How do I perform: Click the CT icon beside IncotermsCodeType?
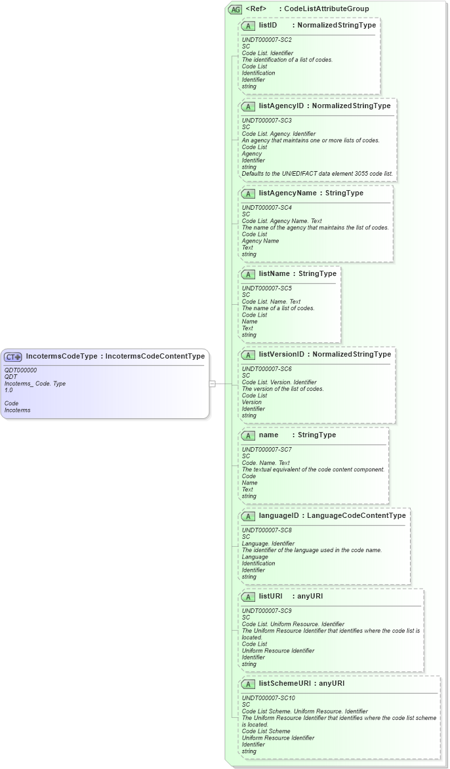point(13,357)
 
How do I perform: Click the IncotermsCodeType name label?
point(62,357)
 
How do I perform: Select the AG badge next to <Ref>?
point(235,9)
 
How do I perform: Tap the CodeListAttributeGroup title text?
point(326,9)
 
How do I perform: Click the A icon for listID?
point(249,26)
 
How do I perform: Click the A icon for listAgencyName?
point(249,193)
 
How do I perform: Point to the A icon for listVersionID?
point(249,355)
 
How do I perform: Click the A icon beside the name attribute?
point(249,435)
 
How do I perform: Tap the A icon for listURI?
point(249,597)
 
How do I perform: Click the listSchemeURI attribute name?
point(283,684)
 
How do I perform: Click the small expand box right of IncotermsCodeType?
point(212,384)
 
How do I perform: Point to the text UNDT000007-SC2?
point(267,40)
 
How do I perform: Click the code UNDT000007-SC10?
point(268,698)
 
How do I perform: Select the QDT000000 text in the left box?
point(20,370)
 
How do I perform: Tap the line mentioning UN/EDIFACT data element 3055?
point(317,174)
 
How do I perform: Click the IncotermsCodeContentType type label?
point(155,357)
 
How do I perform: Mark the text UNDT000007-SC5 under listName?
point(267,288)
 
